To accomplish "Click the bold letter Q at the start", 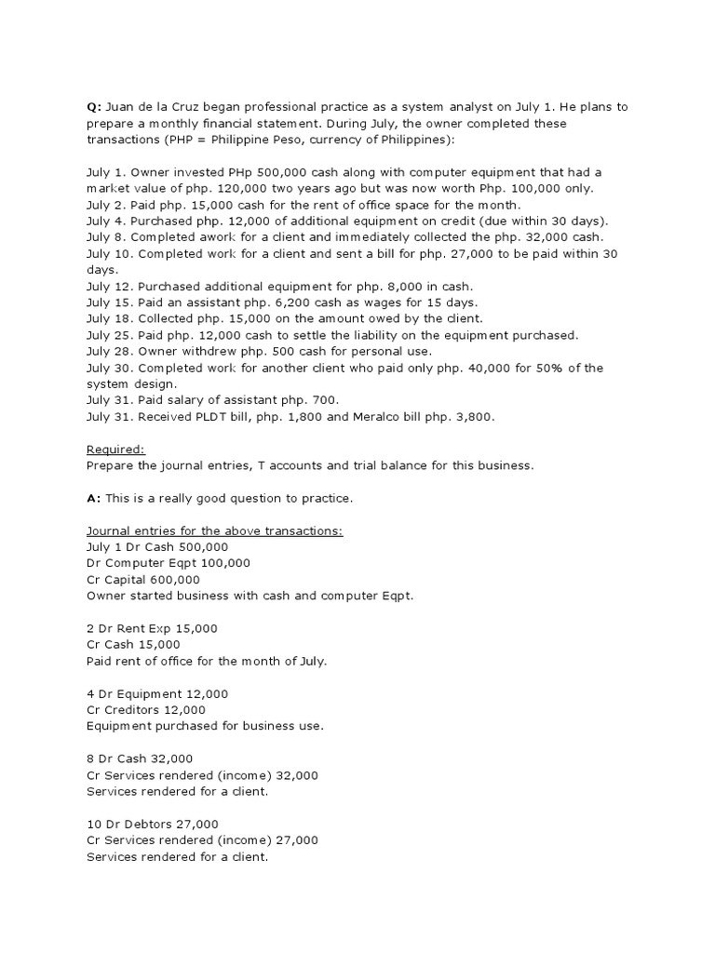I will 91,107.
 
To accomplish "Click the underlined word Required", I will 115,450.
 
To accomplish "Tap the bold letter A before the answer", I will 91,499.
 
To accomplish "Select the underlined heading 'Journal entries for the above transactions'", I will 215,530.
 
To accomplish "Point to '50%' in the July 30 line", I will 521,368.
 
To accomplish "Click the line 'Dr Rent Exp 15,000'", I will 152,628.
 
